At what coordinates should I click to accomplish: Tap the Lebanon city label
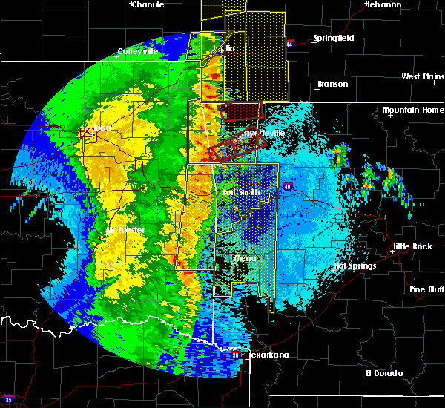coord(384,4)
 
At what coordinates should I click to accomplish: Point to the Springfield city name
coord(333,38)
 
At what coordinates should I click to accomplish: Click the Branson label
coord(332,84)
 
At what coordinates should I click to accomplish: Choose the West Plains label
coord(421,76)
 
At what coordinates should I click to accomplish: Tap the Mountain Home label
coord(413,110)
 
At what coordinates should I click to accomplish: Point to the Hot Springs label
coord(355,266)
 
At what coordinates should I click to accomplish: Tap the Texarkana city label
coord(268,355)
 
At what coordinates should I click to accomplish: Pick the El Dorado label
coord(384,372)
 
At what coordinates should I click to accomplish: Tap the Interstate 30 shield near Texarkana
coord(235,355)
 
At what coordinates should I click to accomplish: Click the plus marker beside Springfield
coord(314,43)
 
